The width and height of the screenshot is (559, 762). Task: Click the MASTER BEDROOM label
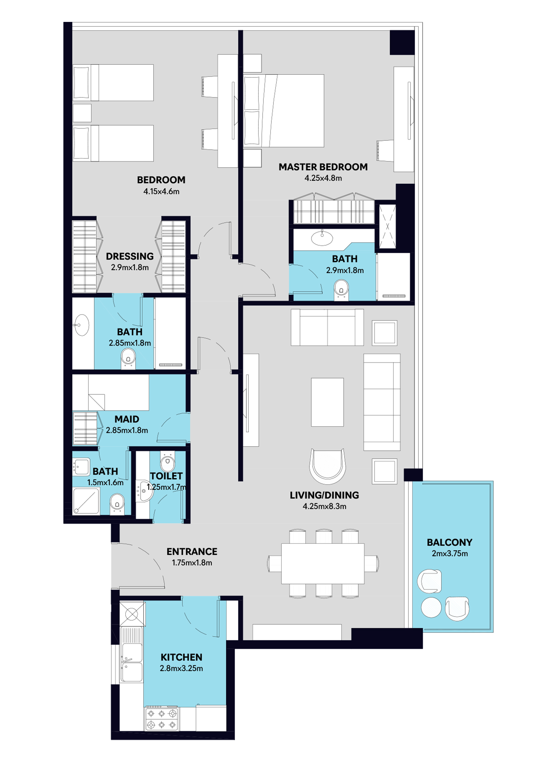[323, 167]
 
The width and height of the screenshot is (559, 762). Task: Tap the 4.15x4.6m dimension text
[161, 191]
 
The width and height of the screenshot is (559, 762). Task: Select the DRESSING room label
[129, 256]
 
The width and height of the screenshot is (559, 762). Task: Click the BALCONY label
[449, 543]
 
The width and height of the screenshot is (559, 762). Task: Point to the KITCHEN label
[181, 657]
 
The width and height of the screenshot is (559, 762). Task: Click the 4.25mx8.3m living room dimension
[324, 506]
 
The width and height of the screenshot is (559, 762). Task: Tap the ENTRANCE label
[192, 552]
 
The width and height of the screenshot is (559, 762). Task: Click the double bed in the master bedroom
[284, 111]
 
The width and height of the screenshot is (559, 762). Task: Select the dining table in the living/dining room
[323, 563]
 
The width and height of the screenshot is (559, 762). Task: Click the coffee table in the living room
[327, 402]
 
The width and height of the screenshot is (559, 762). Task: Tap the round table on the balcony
[431, 607]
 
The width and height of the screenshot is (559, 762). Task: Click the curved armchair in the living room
[327, 466]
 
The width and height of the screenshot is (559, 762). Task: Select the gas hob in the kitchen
[162, 719]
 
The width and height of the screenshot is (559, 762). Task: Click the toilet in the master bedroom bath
[341, 289]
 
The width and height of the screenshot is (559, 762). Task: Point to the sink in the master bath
[322, 238]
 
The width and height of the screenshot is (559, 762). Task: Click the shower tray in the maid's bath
[86, 501]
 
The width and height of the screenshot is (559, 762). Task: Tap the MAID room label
[127, 419]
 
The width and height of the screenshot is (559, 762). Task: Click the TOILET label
[166, 476]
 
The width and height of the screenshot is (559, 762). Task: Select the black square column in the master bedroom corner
[402, 42]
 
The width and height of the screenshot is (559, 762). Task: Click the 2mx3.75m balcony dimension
[450, 554]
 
